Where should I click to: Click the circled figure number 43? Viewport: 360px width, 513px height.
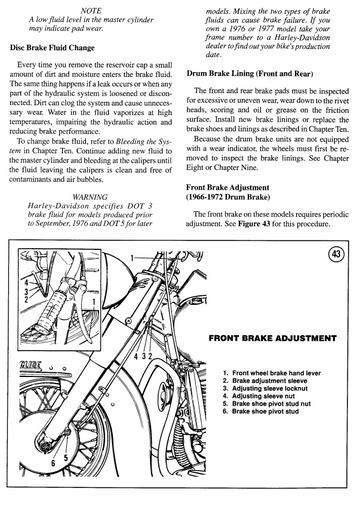pos(336,254)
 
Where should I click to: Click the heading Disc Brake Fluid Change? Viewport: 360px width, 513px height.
pos(52,48)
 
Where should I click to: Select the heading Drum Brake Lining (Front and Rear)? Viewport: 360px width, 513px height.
pos(250,73)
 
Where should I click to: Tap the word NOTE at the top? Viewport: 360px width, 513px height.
pos(91,11)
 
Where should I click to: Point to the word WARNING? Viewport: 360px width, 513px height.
pos(90,197)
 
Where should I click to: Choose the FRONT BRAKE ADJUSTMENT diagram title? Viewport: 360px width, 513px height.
pos(272,338)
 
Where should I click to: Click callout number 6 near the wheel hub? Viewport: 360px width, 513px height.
pos(53,463)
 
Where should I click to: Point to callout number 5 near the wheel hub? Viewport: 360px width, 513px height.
pos(66,458)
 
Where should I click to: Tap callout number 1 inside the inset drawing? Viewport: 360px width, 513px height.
pos(94,302)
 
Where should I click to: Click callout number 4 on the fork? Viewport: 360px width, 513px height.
pos(136,356)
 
